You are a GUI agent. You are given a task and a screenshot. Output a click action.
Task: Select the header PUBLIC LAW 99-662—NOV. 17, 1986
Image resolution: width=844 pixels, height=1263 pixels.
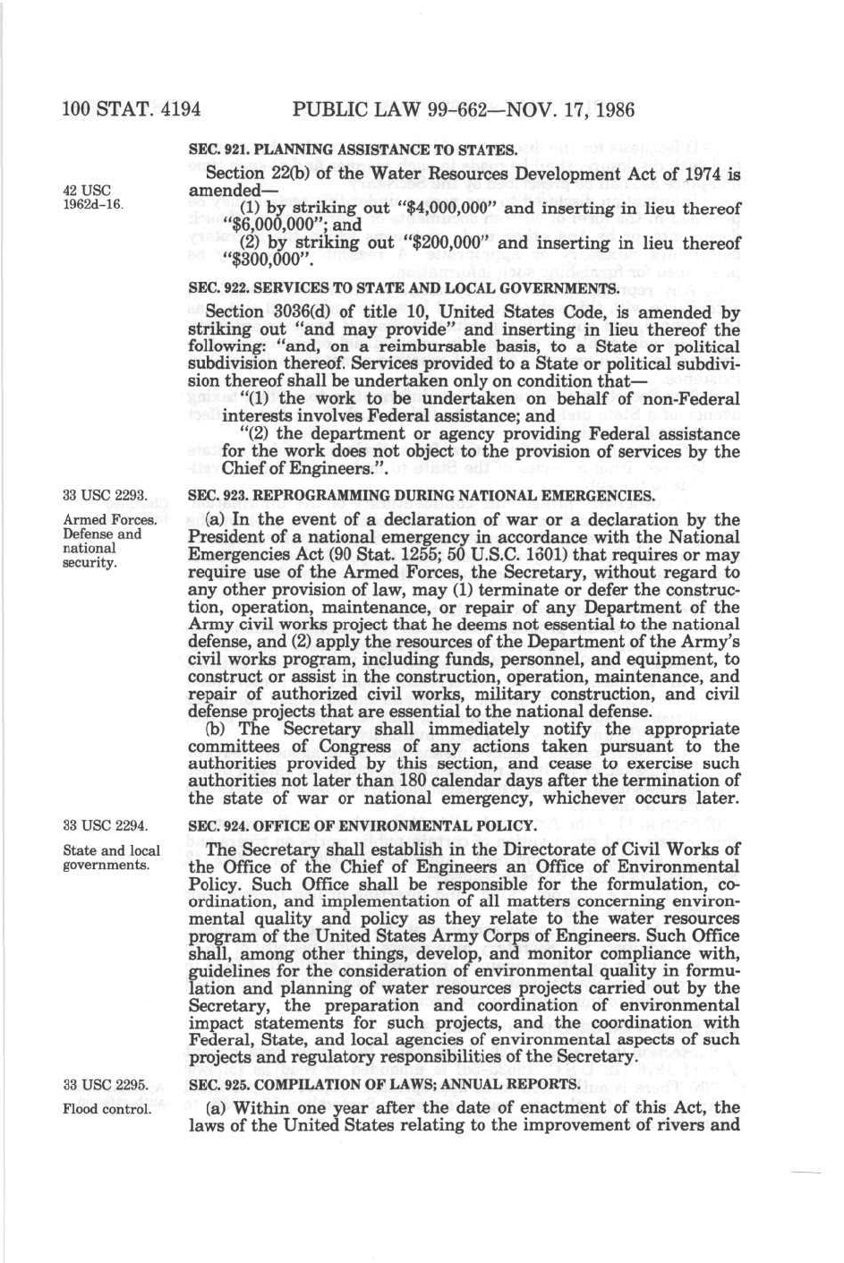[x=464, y=110]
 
